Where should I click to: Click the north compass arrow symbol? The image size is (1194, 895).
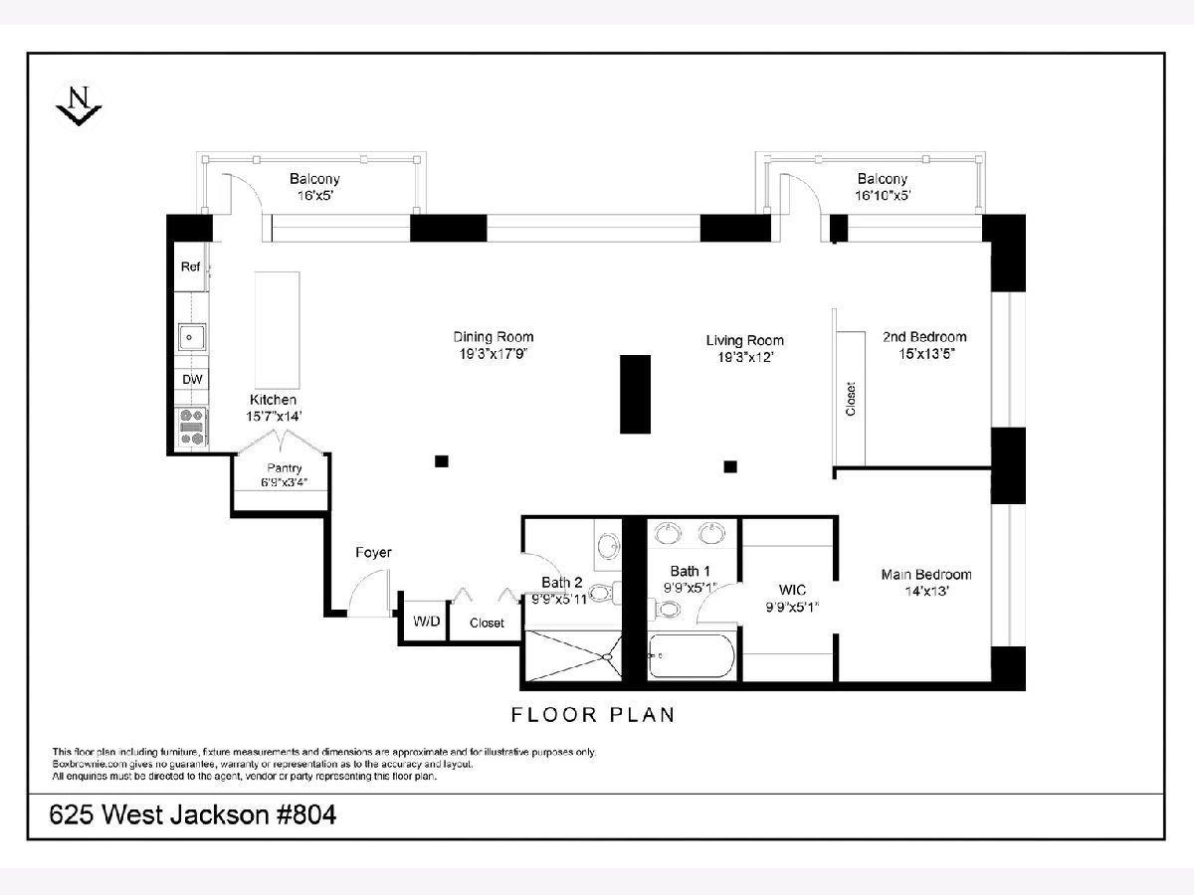tap(79, 106)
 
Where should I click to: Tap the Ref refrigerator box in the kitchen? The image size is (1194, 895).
tap(191, 267)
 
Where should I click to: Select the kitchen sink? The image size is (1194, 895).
tap(192, 337)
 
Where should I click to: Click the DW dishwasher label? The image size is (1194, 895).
tap(192, 379)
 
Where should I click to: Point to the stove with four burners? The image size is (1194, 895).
tap(192, 428)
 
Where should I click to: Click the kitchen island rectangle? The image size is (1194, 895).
tap(278, 330)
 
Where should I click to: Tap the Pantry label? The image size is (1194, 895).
tap(284, 467)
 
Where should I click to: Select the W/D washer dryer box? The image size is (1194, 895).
tap(426, 622)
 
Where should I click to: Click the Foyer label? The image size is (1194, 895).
tap(373, 553)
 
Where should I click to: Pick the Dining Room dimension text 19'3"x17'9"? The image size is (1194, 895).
tap(494, 354)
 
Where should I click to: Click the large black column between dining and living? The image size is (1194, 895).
tap(636, 394)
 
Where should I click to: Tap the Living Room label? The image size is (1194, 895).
tap(744, 341)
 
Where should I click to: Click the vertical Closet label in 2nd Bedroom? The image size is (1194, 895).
tap(851, 399)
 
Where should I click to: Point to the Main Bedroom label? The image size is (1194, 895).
tap(926, 575)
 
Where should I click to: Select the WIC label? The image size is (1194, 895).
tap(792, 590)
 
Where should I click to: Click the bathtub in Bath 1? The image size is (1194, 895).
tap(692, 656)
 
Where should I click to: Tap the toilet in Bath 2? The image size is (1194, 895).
tap(605, 593)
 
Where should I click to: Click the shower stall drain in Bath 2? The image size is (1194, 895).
tap(607, 657)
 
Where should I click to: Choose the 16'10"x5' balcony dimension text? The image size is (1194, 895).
tap(883, 196)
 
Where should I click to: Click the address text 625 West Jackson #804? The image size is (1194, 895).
tap(193, 815)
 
